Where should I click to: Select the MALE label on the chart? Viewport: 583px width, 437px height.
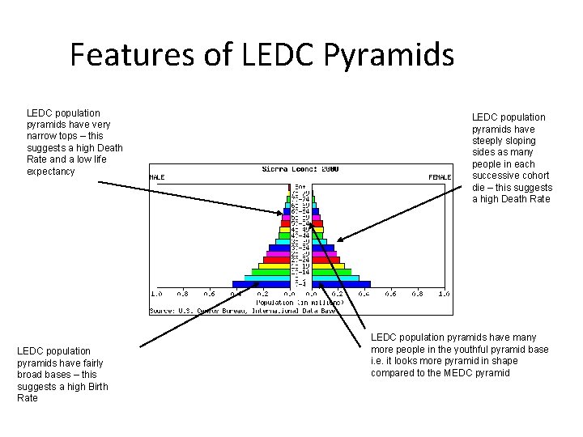[x=157, y=176]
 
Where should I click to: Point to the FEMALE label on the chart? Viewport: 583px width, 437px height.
[x=440, y=176]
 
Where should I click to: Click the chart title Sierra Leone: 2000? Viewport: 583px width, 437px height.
[x=300, y=169]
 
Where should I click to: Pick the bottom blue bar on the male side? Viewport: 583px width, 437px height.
[x=261, y=284]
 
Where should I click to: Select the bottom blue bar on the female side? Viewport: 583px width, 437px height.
[x=341, y=284]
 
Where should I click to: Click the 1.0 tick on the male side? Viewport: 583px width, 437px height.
[x=156, y=294]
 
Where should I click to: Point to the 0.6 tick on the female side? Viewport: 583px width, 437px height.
[x=390, y=294]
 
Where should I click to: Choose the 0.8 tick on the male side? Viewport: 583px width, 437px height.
[x=183, y=294]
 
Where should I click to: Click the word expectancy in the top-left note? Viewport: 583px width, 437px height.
[x=50, y=172]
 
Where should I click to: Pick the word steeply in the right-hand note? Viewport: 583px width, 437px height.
[x=489, y=141]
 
